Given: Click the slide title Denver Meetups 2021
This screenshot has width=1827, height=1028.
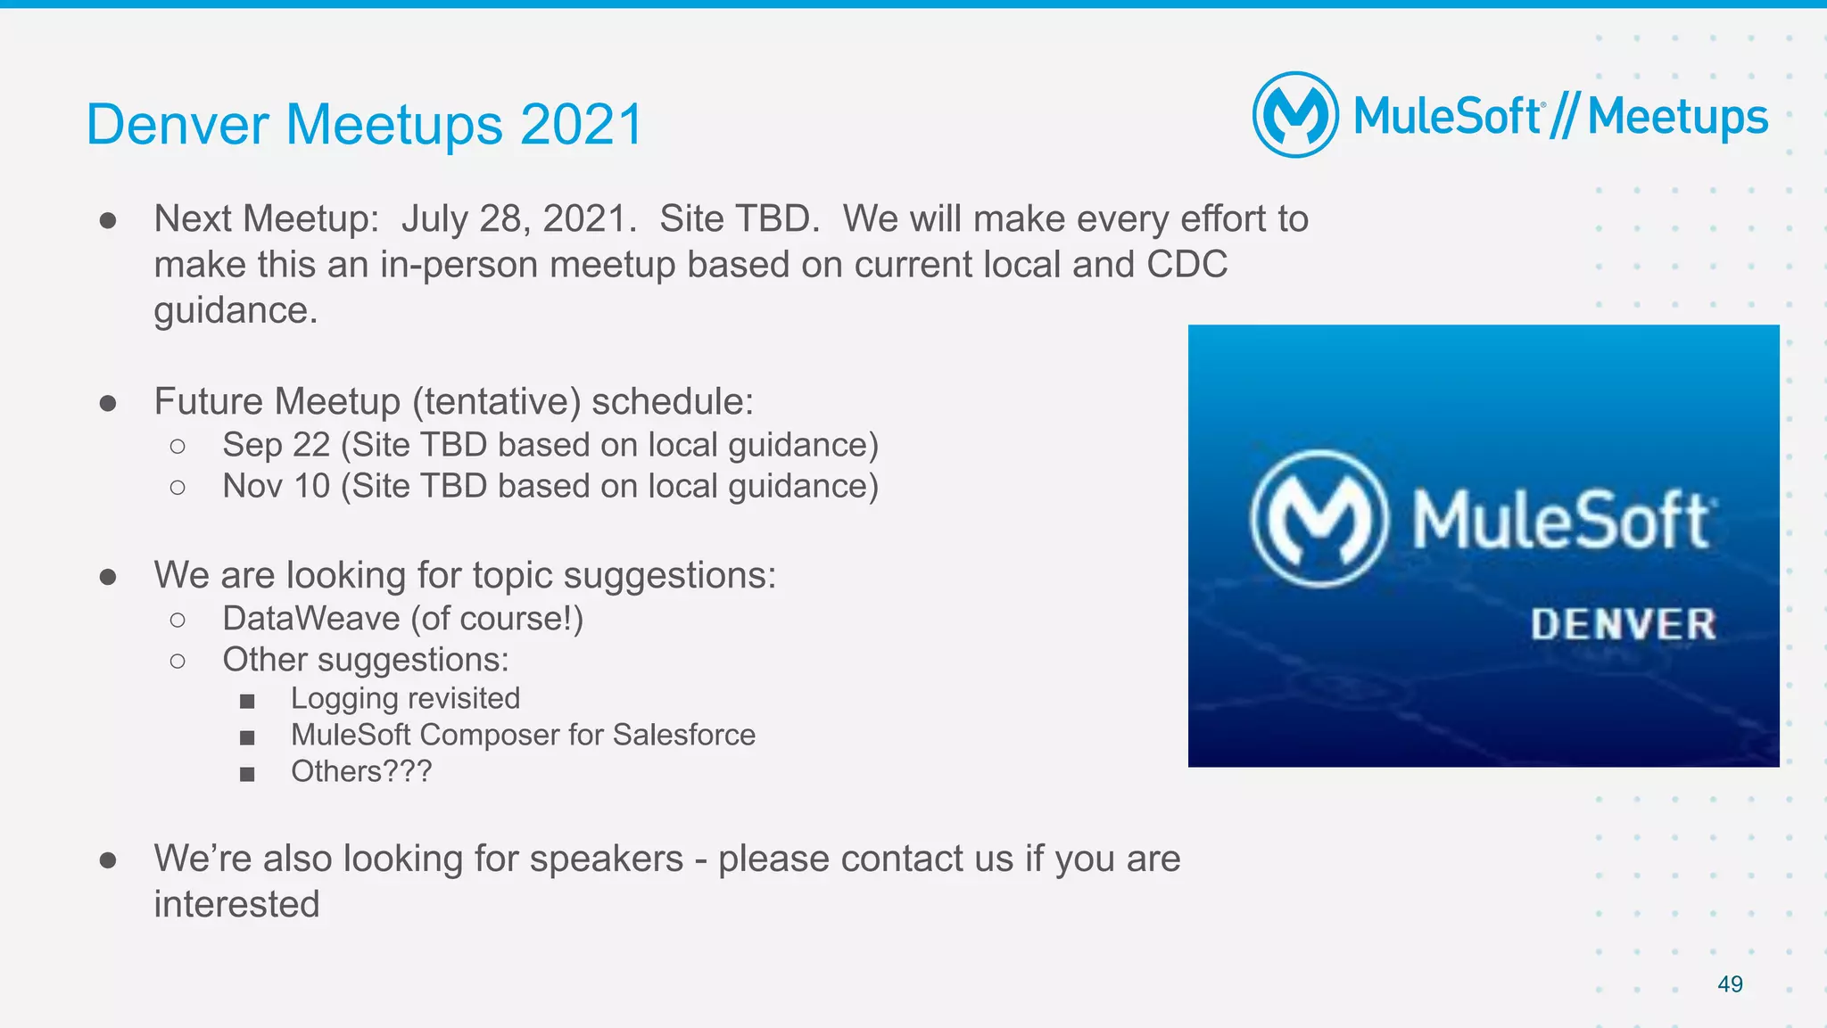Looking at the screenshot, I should click(364, 124).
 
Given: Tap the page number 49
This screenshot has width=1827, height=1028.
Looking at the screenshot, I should click(1730, 984).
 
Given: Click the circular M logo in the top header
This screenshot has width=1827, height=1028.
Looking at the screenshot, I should click(1295, 115).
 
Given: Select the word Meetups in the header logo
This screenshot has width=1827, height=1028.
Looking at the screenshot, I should click(1677, 118).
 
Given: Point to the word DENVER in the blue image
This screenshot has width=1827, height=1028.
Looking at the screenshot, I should click(1623, 624).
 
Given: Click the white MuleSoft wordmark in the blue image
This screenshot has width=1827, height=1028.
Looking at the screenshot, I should click(1561, 521).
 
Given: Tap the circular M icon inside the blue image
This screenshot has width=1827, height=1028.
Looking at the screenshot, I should click(1319, 519).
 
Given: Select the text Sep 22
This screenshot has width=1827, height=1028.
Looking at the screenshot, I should click(277, 445).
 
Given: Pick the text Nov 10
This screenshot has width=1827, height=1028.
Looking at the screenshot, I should click(277, 487).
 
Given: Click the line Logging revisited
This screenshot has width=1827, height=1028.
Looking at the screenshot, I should click(405, 698).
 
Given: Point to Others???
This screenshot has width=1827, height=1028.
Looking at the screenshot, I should click(361, 771).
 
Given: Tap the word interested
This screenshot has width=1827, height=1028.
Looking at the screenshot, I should click(236, 904).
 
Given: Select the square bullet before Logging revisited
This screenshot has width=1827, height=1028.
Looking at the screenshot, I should click(247, 702).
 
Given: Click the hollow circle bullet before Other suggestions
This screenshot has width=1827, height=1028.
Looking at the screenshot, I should click(178, 662).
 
